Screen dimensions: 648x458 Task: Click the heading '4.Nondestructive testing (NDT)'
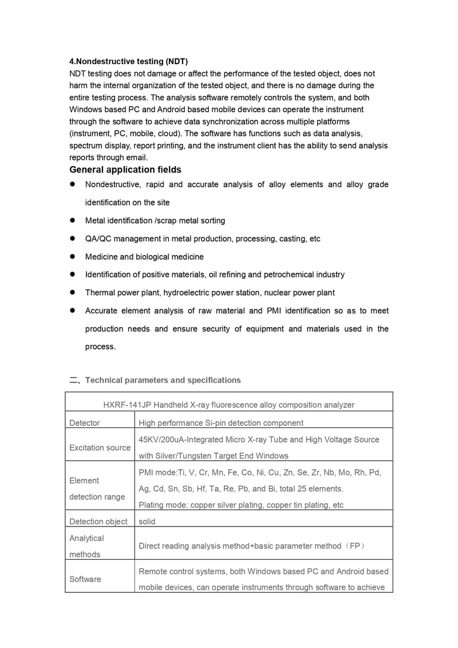[128, 61]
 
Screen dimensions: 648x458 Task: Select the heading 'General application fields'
[125, 170]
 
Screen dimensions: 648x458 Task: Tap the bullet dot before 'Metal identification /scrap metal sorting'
[73, 220]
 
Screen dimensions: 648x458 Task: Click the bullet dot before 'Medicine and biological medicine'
[73, 256]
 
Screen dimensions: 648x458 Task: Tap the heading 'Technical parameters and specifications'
[163, 380]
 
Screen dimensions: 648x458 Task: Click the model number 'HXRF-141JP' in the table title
[123, 404]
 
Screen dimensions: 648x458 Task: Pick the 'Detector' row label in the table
[84, 423]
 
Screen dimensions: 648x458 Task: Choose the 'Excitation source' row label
[100, 447]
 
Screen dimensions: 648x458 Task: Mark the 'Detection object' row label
[98, 521]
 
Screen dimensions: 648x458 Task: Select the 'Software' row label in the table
[85, 579]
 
